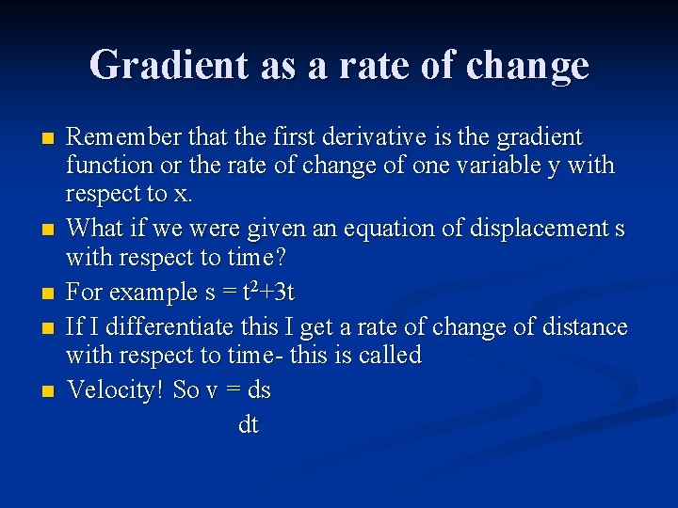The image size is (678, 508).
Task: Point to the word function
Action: [108, 166]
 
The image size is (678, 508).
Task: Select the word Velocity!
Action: [117, 389]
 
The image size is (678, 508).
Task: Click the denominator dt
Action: [248, 425]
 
